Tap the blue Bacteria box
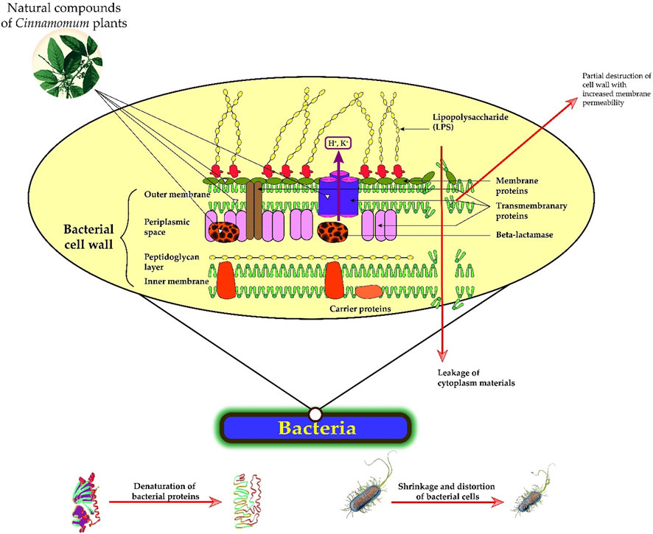315,428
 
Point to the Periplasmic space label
166,225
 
